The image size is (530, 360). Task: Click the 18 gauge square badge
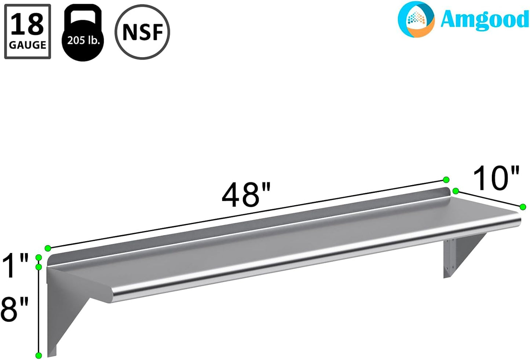(x=28, y=32)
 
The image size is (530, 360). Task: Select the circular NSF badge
(x=142, y=32)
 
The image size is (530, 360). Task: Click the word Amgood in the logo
(x=484, y=19)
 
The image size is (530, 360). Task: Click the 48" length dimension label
(x=246, y=195)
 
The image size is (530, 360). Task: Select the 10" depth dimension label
(x=496, y=179)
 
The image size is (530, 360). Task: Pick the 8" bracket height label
(x=15, y=309)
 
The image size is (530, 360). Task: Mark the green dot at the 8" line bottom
(x=39, y=355)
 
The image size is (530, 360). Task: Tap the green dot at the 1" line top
(x=39, y=257)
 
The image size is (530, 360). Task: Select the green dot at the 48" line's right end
(x=446, y=180)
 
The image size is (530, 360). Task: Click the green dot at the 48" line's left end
(x=48, y=248)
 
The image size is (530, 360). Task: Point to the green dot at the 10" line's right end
(x=523, y=207)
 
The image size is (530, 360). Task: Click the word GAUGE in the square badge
(x=28, y=45)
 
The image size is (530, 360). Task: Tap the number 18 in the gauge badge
(x=28, y=25)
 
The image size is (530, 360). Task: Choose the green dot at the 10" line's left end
(x=456, y=191)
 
